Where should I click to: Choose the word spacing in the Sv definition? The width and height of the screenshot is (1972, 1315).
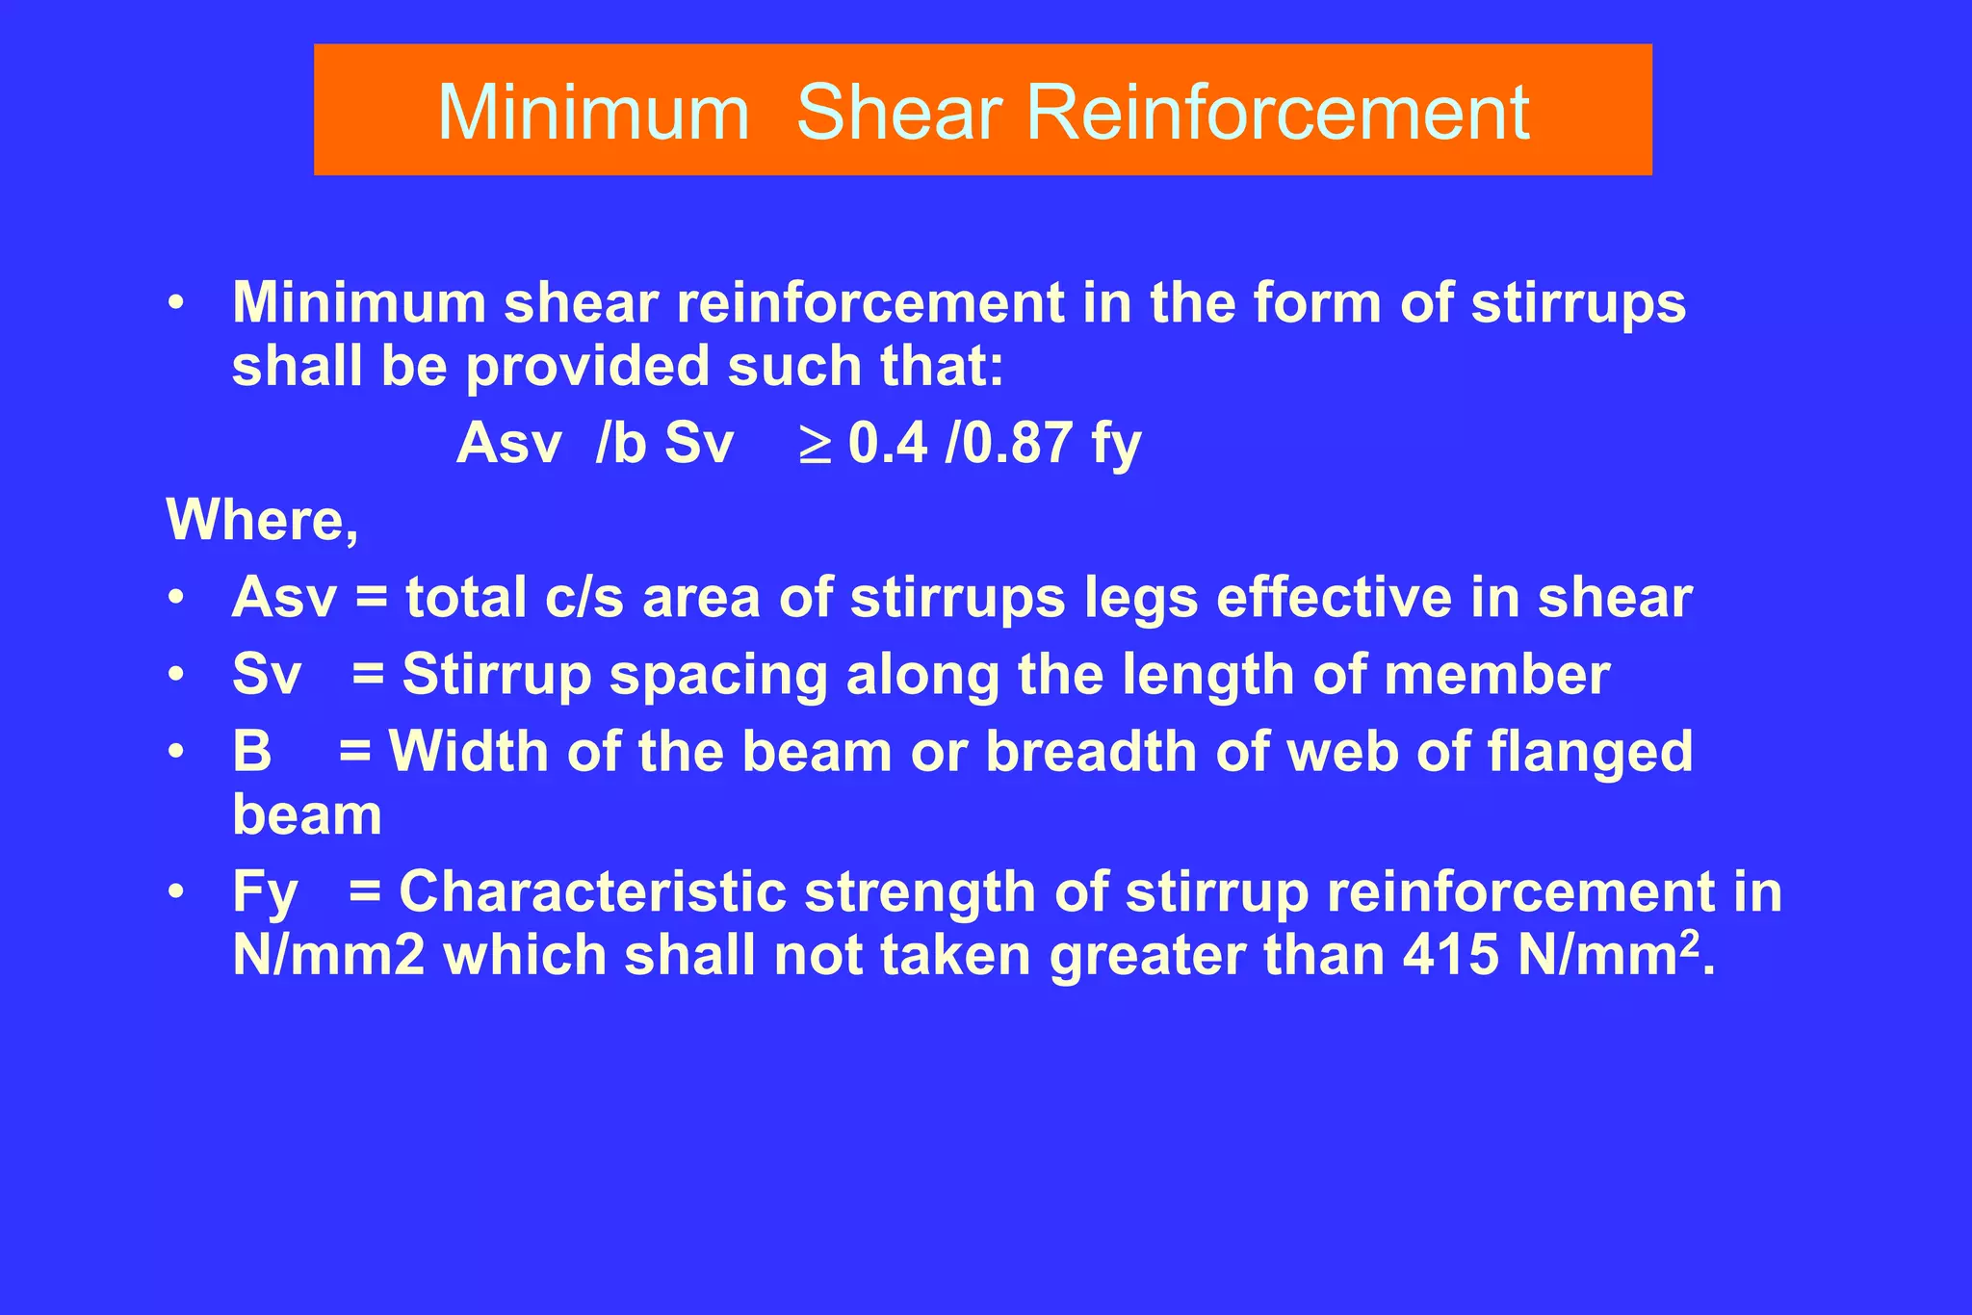click(718, 674)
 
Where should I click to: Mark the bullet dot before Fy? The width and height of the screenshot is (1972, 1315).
click(175, 891)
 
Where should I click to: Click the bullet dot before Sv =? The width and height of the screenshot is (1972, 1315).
click(175, 674)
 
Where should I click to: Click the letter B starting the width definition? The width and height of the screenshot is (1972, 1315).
click(251, 751)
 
